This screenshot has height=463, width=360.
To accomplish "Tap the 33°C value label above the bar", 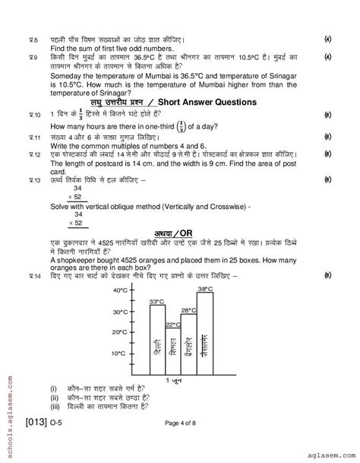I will click(156, 303).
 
